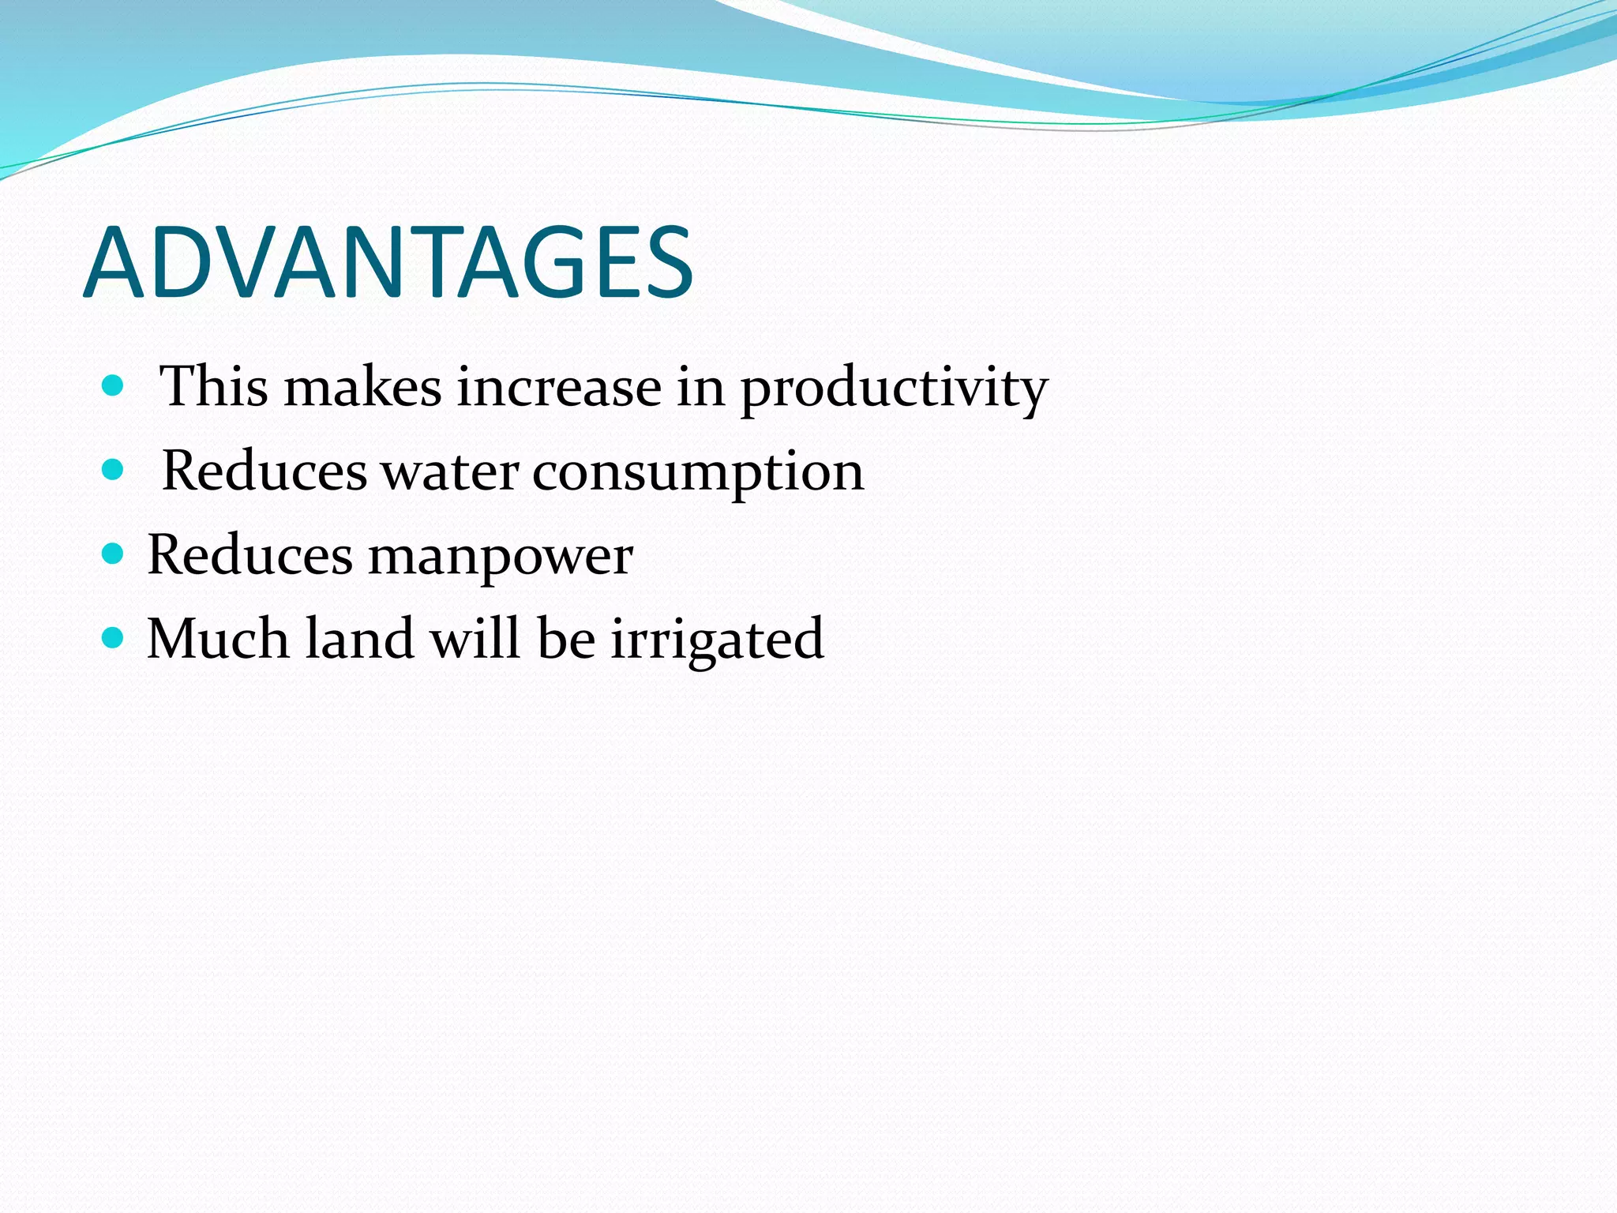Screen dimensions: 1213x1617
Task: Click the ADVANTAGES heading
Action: click(x=388, y=263)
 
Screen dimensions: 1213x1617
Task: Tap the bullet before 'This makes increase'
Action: click(x=114, y=385)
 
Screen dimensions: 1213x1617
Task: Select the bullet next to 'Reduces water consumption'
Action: click(x=114, y=470)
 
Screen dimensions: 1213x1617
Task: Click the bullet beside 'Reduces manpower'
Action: click(x=114, y=554)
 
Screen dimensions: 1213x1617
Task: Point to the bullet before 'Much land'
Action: click(x=114, y=637)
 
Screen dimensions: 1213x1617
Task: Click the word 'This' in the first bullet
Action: click(x=213, y=387)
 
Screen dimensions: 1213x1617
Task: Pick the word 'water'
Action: click(x=450, y=472)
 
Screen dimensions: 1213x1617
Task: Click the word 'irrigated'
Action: click(x=717, y=640)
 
